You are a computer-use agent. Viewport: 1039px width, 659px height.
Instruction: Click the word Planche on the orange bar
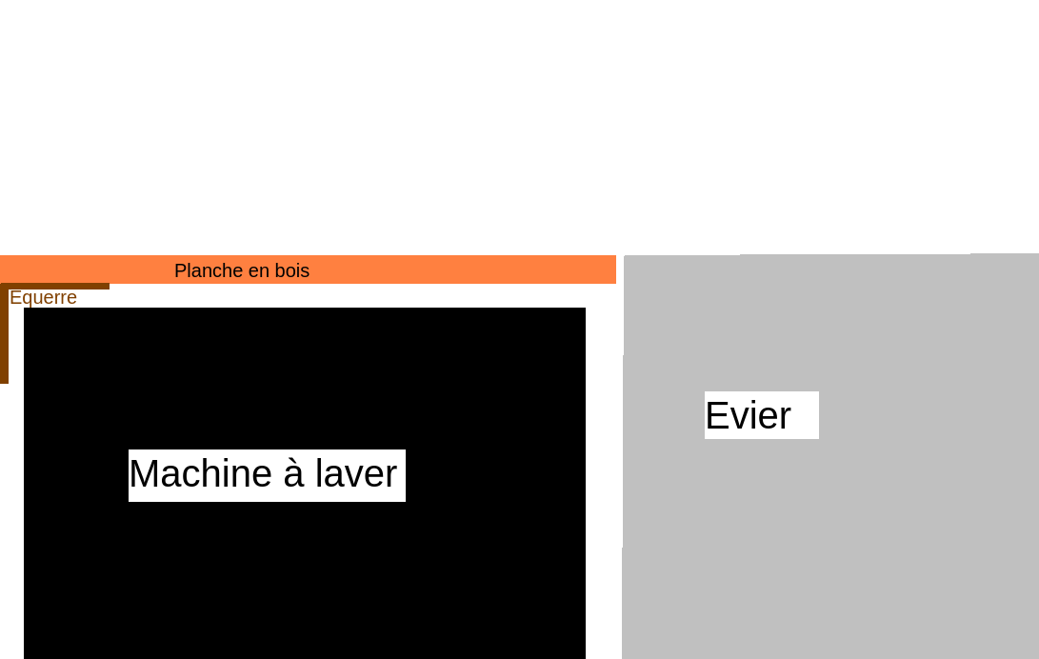[208, 270]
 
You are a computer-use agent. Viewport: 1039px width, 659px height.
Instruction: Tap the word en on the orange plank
[256, 271]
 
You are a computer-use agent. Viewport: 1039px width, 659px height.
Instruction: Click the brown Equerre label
[43, 297]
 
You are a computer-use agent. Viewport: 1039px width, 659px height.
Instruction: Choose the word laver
[356, 473]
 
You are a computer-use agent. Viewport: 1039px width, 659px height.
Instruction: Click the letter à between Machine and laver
[293, 473]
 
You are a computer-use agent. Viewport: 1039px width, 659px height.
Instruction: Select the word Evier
[749, 415]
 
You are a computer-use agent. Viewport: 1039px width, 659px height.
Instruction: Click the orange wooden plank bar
[309, 270]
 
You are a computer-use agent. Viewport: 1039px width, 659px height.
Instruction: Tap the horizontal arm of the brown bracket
[55, 286]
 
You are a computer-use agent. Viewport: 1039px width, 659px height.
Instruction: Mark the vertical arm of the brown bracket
[4, 333]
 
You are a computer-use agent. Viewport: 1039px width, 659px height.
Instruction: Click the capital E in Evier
[717, 415]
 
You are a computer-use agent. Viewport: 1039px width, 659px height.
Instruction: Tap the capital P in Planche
[180, 270]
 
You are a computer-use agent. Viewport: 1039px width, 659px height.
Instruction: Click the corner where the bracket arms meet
[4, 286]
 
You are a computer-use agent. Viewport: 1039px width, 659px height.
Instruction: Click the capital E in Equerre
[15, 297]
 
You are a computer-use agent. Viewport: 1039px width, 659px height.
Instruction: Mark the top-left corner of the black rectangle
[24, 308]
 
